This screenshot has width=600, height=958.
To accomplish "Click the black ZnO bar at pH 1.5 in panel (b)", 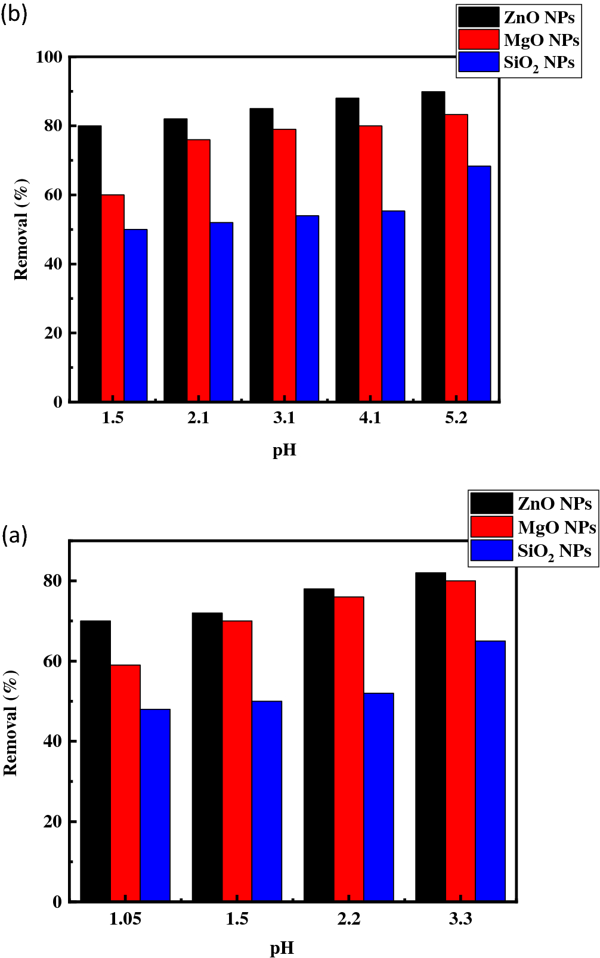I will click(x=90, y=263).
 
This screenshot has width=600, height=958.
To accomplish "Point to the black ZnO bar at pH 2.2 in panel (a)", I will click(x=319, y=745).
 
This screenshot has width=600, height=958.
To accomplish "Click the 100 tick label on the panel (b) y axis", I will click(x=49, y=57).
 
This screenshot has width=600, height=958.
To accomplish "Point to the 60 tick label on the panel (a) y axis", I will click(x=52, y=661).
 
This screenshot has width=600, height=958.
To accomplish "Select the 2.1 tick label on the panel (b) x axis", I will click(x=198, y=418).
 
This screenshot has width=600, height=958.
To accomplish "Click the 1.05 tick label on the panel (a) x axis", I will click(x=125, y=919).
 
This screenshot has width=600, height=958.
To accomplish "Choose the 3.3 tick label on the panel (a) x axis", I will click(x=460, y=919).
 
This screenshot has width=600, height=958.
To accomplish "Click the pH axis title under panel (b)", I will click(x=284, y=450).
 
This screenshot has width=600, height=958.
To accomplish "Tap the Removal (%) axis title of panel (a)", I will click(x=11, y=723).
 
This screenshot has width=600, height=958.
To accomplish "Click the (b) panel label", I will click(x=14, y=14).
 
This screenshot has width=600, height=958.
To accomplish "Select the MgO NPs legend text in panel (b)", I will click(x=541, y=41).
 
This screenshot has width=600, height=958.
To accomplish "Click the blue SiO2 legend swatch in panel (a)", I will click(x=491, y=550).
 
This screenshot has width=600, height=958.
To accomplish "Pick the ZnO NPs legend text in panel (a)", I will click(x=554, y=504).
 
